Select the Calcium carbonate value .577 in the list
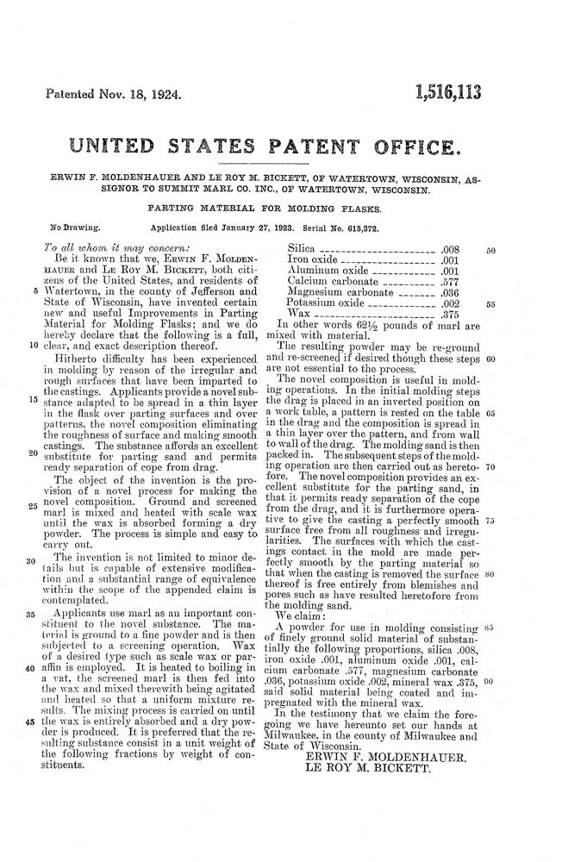click(453, 281)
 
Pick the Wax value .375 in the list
click(453, 315)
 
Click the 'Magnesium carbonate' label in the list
click(337, 292)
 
